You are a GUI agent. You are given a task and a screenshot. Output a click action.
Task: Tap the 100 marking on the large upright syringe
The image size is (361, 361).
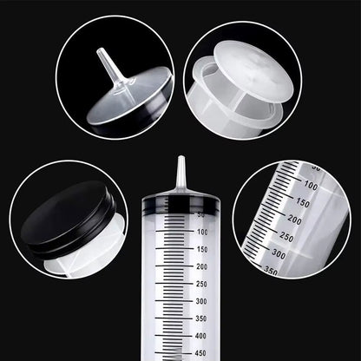[x=201, y=232]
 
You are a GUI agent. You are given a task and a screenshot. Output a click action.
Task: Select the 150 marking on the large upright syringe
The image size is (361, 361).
[x=201, y=249]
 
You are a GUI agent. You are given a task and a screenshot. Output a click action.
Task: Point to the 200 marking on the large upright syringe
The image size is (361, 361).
[x=201, y=266]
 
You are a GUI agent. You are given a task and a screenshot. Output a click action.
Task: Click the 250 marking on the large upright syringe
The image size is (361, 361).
[x=201, y=284]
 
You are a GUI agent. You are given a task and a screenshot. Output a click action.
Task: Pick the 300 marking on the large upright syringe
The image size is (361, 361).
[x=201, y=301]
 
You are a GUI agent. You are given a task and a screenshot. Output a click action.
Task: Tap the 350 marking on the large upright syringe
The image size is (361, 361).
[x=201, y=318]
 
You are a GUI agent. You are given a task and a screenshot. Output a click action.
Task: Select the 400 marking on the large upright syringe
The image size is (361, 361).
[x=201, y=335]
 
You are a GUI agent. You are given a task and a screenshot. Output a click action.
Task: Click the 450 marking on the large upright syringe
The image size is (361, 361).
[x=201, y=352]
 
